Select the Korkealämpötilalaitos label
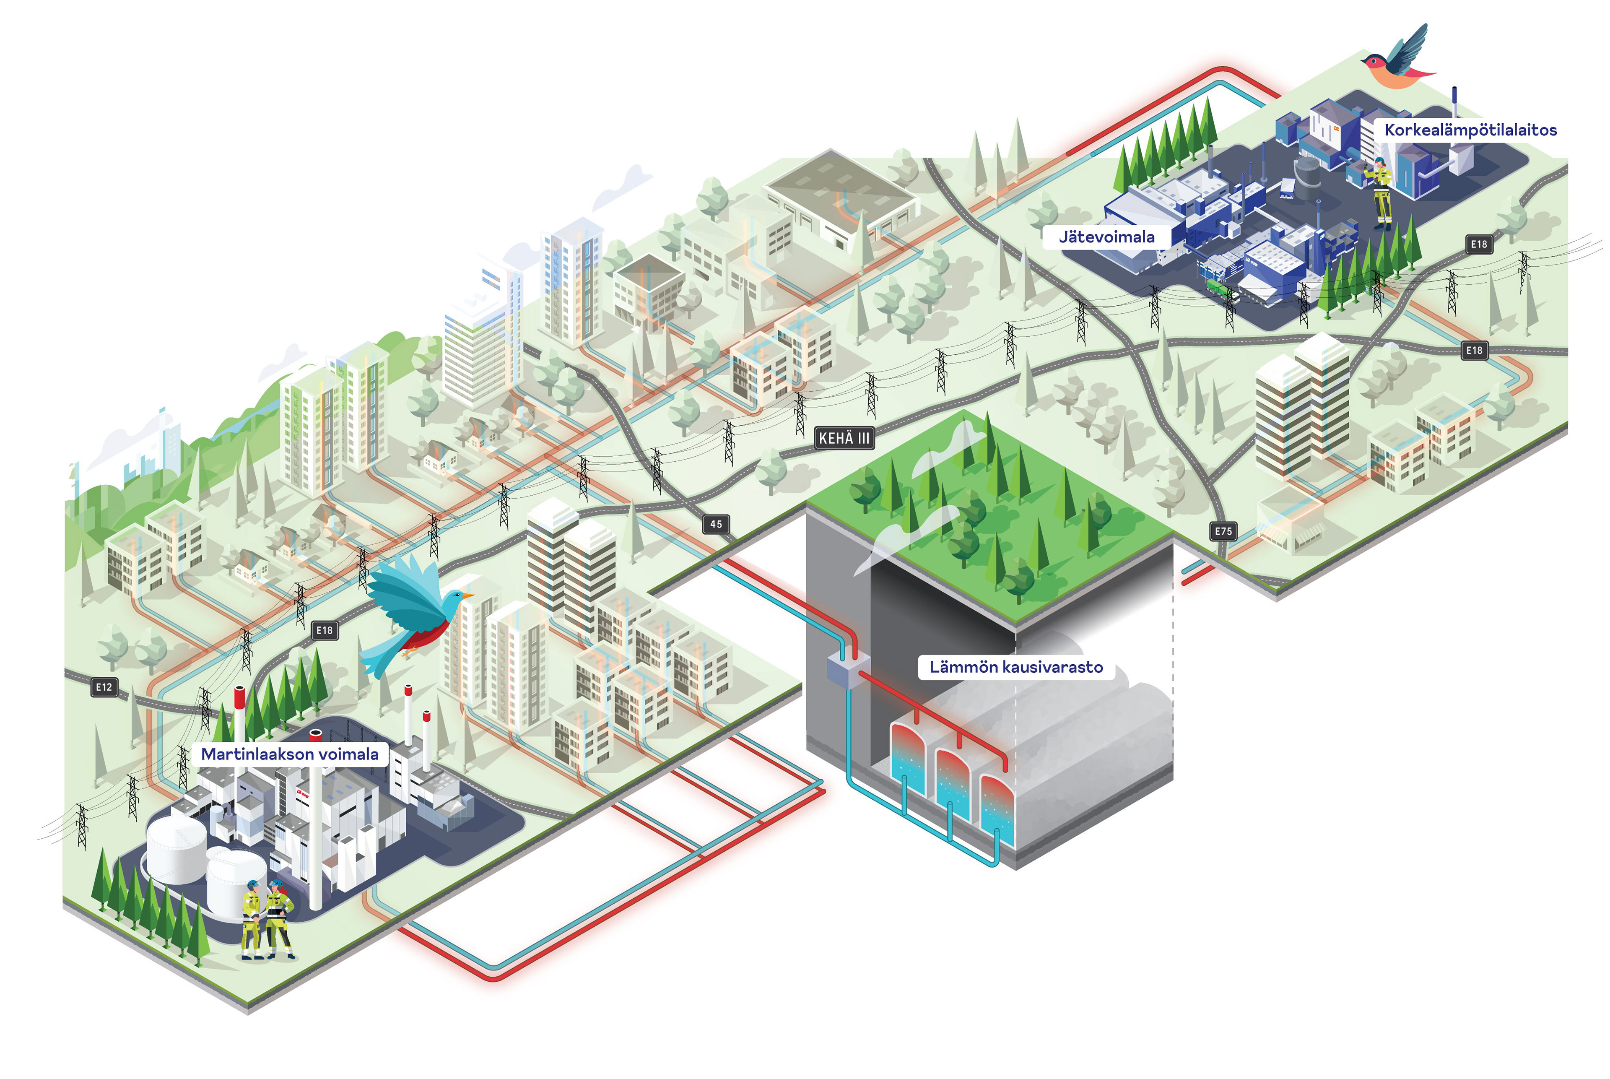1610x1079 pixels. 1470,130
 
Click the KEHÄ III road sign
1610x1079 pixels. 844,438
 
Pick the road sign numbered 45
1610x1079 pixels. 716,524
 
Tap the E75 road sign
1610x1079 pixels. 1223,531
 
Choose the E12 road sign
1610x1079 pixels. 104,687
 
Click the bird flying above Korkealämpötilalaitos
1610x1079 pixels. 1397,60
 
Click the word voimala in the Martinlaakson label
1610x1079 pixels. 348,754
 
